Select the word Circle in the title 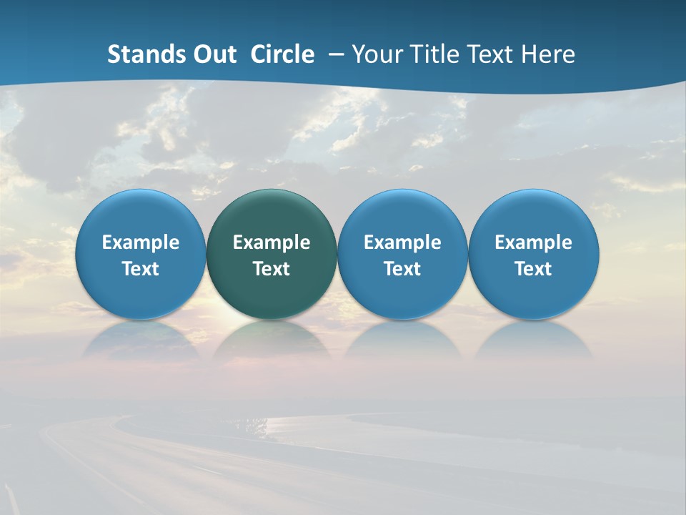click(x=282, y=54)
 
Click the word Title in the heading click(x=431, y=54)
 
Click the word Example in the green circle click(x=272, y=242)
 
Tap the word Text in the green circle click(x=272, y=269)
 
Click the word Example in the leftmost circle click(x=140, y=242)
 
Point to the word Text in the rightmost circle click(x=534, y=269)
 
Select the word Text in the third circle click(x=402, y=269)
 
